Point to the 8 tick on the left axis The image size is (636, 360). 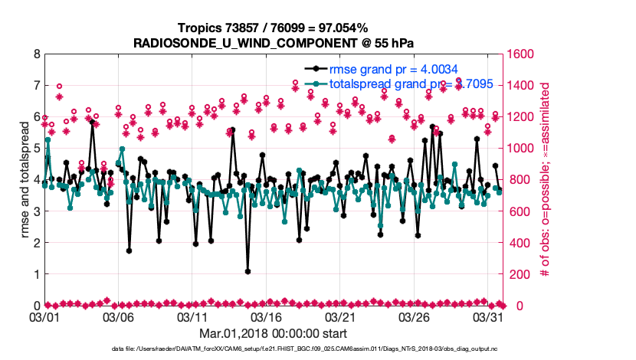pyautogui.click(x=36, y=54)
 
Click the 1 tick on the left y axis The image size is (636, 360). pyautogui.click(x=36, y=273)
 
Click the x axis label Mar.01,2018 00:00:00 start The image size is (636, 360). pyautogui.click(x=272, y=333)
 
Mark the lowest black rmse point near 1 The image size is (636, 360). pyautogui.click(x=248, y=271)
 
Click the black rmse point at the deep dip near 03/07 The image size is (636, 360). pyautogui.click(x=129, y=250)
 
